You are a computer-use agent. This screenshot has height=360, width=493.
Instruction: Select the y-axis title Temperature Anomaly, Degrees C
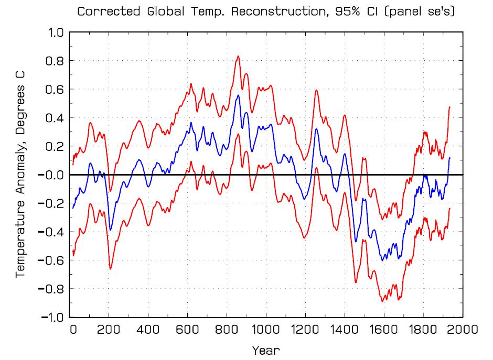pyautogui.click(x=20, y=174)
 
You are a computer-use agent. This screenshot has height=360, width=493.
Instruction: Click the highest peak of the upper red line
pyautogui.click(x=238, y=56)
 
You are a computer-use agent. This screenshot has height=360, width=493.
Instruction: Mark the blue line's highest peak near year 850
pyautogui.click(x=238, y=95)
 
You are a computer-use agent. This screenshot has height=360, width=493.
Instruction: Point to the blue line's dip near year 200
pyautogui.click(x=110, y=230)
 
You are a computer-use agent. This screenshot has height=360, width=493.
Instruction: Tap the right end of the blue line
pyautogui.click(x=450, y=158)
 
